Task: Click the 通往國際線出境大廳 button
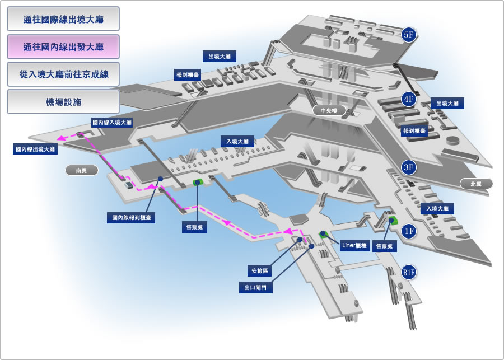[x=63, y=19]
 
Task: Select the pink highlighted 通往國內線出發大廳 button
[x=63, y=46]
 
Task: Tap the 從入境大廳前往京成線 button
[x=63, y=74]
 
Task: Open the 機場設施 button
[x=63, y=102]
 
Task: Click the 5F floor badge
[x=409, y=34]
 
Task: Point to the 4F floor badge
[x=409, y=99]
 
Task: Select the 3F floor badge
[x=409, y=167]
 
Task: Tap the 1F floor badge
[x=409, y=231]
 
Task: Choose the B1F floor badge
[x=409, y=273]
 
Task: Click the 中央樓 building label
[x=329, y=110]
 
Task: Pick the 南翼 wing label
[x=82, y=170]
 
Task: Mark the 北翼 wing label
[x=476, y=184]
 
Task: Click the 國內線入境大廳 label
[x=112, y=123]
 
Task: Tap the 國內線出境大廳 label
[x=35, y=149]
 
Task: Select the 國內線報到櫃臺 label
[x=131, y=218]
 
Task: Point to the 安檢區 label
[x=259, y=270]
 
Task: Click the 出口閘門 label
[x=256, y=287]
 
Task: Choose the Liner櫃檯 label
[x=354, y=246]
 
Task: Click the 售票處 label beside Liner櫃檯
[x=384, y=246]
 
